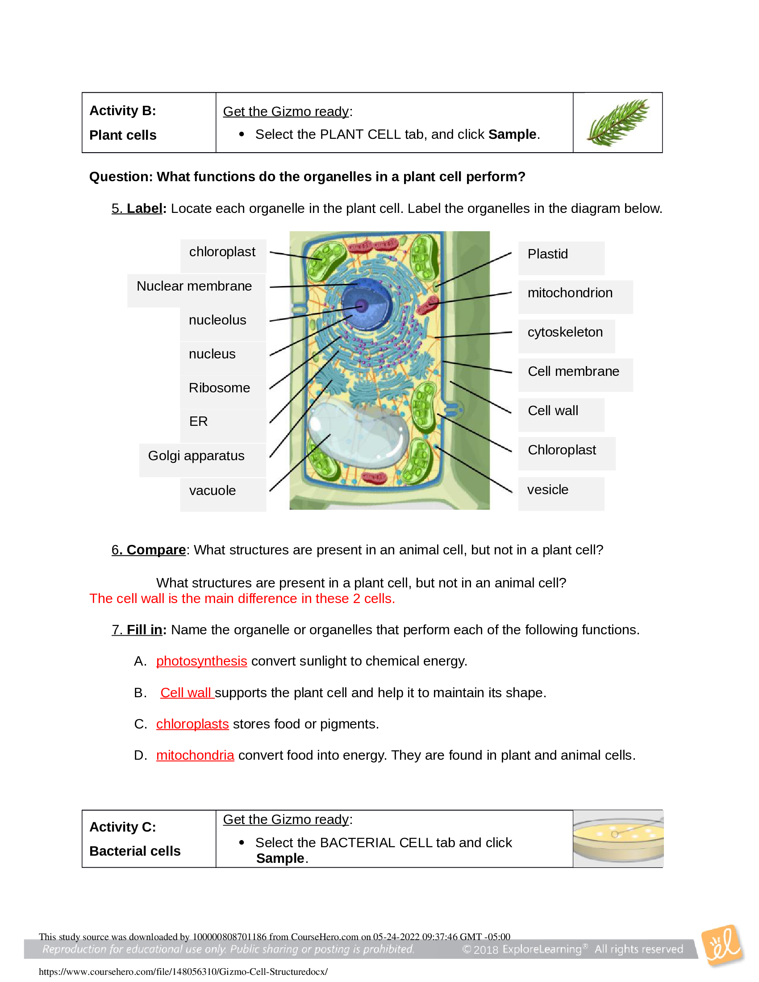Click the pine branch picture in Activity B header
[x=618, y=122]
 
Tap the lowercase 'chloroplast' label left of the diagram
[x=222, y=252]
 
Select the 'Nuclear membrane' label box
[x=194, y=286]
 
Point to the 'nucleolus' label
[x=217, y=320]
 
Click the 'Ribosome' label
[x=219, y=388]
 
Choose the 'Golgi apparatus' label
[x=196, y=456]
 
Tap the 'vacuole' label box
[x=213, y=491]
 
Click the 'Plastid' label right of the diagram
[x=548, y=254]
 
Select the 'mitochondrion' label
[x=570, y=293]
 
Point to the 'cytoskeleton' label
[x=565, y=332]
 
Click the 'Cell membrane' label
[x=573, y=371]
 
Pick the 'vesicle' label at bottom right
[x=548, y=490]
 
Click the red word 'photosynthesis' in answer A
[x=201, y=662]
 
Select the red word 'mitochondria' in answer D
[x=195, y=755]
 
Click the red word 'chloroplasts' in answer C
[x=192, y=724]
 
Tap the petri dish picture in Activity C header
[x=618, y=839]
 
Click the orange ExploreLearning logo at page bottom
[x=722, y=945]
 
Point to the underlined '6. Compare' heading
[x=149, y=550]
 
